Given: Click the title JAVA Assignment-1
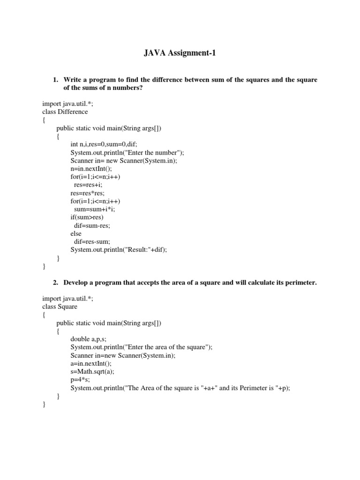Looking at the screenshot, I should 180,54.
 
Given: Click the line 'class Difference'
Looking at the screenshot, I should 65,112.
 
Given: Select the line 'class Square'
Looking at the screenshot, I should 60,307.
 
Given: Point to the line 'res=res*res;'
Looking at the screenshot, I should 88,193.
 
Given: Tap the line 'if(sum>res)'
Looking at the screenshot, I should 87,217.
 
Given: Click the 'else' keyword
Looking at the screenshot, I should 76,233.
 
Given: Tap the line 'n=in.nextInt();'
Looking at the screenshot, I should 91,168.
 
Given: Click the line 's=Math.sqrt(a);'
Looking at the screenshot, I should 92,371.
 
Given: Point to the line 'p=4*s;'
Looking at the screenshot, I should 80,379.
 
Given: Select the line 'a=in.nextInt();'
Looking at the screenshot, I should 91,363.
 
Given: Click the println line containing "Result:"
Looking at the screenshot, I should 119,250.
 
